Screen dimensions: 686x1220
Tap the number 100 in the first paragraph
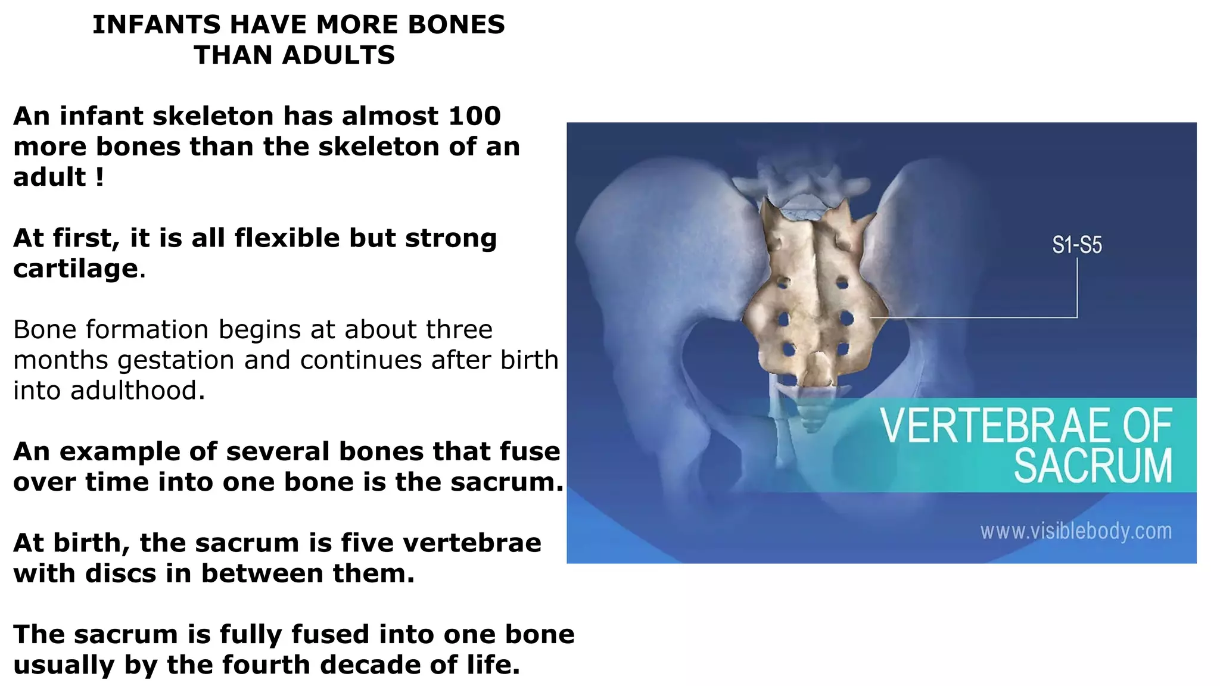click(475, 116)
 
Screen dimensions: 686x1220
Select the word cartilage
click(76, 269)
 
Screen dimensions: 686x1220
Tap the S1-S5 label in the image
click(1076, 245)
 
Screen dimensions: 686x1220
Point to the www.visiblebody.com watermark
click(1076, 531)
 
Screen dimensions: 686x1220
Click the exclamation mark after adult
click(99, 177)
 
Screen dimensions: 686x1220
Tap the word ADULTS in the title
click(338, 55)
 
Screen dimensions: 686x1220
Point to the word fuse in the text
click(535, 451)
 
